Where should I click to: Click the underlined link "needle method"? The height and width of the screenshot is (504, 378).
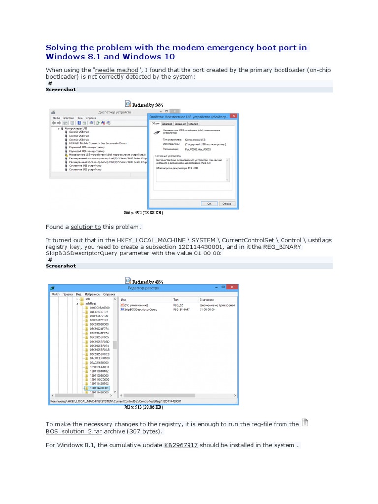tap(117, 70)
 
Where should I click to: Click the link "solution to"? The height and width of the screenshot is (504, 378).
tap(86, 227)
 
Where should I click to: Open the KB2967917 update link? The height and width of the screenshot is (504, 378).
tap(181, 445)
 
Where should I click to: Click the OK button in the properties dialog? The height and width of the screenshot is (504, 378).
tap(209, 203)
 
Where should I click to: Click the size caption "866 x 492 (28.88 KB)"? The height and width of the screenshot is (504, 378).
tap(143, 213)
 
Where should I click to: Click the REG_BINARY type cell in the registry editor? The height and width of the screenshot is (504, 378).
tap(181, 310)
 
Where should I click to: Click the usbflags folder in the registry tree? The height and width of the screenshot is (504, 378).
tap(91, 304)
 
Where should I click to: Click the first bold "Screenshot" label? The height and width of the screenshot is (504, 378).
tap(61, 90)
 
